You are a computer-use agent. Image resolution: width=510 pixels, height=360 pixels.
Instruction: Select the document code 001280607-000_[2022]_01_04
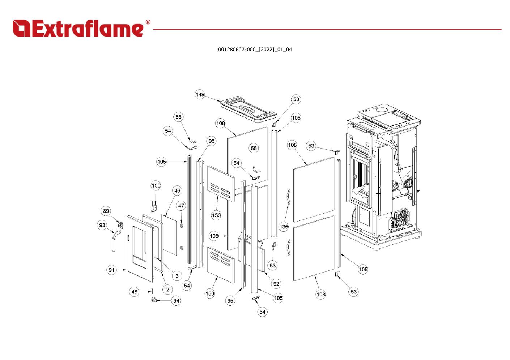coord(255,50)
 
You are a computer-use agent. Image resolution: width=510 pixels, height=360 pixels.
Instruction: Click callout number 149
coord(200,95)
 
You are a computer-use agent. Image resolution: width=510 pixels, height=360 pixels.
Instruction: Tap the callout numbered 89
coord(106,211)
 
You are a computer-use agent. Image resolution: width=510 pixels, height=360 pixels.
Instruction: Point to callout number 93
coord(102,225)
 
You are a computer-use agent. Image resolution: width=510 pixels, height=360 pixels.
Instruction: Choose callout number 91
coord(111,270)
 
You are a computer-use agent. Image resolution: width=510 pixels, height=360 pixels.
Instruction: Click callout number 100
coord(156,186)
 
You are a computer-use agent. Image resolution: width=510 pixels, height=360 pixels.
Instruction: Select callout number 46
coord(177,191)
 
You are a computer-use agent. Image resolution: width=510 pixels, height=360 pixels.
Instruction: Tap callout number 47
coord(181,206)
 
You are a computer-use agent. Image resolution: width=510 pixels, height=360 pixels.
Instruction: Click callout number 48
coord(135,292)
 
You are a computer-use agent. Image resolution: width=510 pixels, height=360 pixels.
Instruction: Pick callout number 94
coord(176,301)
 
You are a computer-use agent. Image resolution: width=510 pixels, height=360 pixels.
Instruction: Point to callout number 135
coord(284,227)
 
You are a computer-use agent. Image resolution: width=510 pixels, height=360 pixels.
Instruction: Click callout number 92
coord(276,284)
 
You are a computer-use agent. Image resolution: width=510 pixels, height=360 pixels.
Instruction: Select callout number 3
coord(177,276)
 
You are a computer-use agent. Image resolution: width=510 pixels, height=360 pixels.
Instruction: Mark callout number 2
coord(167,290)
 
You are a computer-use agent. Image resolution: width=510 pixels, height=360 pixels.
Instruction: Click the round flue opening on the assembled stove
coord(383,108)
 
